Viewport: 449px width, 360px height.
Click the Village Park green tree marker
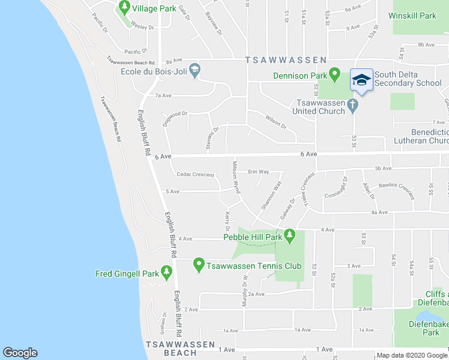click(x=125, y=8)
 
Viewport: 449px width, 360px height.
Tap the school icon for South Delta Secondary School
click(x=361, y=80)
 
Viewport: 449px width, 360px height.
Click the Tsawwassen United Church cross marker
click(x=352, y=106)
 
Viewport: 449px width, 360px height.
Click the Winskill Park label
click(x=412, y=16)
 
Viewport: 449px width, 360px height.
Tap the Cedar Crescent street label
click(x=195, y=175)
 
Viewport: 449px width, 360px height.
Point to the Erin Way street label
click(x=258, y=172)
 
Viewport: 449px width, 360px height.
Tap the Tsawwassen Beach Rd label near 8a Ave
click(x=131, y=61)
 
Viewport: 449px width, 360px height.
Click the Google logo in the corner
click(x=20, y=353)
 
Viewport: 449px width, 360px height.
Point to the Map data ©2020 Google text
click(x=412, y=355)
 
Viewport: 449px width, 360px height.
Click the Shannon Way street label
click(x=271, y=196)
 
